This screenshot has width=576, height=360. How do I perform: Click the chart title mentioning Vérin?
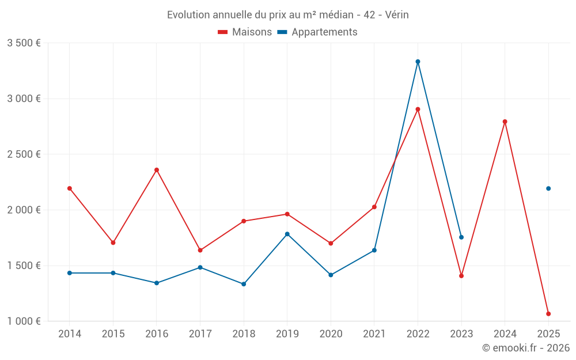pyautogui.click(x=287, y=15)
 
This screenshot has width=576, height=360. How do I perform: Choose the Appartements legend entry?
pyautogui.click(x=317, y=32)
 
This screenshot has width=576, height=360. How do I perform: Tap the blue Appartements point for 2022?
pyautogui.click(x=418, y=62)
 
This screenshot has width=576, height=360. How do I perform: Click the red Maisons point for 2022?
pyautogui.click(x=418, y=109)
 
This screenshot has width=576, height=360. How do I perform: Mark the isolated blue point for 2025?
pyautogui.click(x=548, y=188)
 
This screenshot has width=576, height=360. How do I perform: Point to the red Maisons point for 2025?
pyautogui.click(x=548, y=314)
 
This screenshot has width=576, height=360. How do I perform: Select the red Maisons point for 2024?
pyautogui.click(x=505, y=122)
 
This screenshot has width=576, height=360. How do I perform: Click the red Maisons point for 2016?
pyautogui.click(x=157, y=170)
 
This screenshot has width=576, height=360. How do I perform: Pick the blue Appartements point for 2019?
pyautogui.click(x=287, y=234)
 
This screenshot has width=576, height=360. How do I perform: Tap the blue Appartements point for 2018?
pyautogui.click(x=244, y=284)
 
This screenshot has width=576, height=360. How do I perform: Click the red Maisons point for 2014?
pyautogui.click(x=70, y=188)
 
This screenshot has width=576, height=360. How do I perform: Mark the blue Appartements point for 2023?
pyautogui.click(x=461, y=237)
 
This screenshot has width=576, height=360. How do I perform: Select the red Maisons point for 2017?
pyautogui.click(x=200, y=250)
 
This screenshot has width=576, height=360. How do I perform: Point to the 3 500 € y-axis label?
pyautogui.click(x=24, y=43)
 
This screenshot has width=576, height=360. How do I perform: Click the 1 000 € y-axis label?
pyautogui.click(x=24, y=321)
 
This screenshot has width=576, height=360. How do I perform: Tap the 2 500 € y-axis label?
pyautogui.click(x=24, y=154)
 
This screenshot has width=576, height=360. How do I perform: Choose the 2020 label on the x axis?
pyautogui.click(x=331, y=334)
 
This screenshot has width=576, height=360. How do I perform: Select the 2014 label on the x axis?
pyautogui.click(x=70, y=334)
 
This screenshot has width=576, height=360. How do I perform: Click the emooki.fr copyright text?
pyautogui.click(x=526, y=348)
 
